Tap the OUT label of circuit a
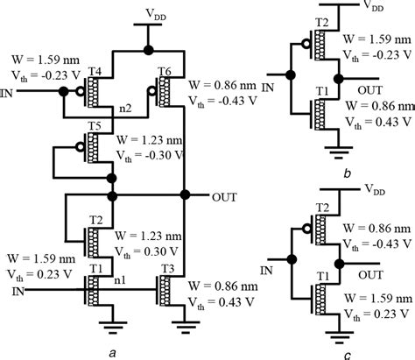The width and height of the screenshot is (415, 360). click(225, 196)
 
